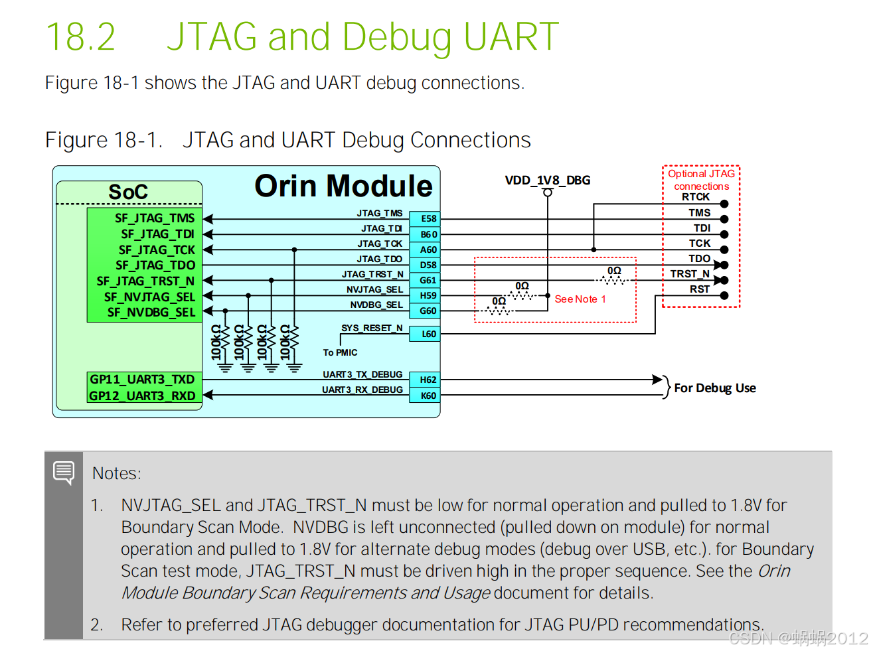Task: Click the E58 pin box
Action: pyautogui.click(x=428, y=218)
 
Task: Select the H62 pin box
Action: pyautogui.click(x=428, y=380)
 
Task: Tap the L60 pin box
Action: pyautogui.click(x=428, y=334)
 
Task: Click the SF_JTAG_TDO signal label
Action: pyautogui.click(x=155, y=265)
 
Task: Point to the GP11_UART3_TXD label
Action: pyautogui.click(x=142, y=379)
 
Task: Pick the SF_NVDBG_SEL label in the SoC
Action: pyautogui.click(x=151, y=312)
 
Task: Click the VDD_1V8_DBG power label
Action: pyautogui.click(x=547, y=181)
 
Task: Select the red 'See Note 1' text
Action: pyautogui.click(x=580, y=299)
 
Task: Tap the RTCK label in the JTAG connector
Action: pyautogui.click(x=695, y=197)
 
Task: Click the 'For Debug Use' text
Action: pyautogui.click(x=715, y=388)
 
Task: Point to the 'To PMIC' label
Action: pyautogui.click(x=340, y=352)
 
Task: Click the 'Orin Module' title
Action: pyautogui.click(x=343, y=186)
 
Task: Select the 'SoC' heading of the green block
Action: pyautogui.click(x=128, y=192)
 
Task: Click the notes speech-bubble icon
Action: pyautogui.click(x=64, y=472)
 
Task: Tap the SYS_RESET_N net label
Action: pyautogui.click(x=372, y=328)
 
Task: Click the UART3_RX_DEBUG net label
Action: pyautogui.click(x=362, y=390)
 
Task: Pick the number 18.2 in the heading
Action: pyautogui.click(x=80, y=36)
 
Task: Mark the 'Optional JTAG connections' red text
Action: pyautogui.click(x=701, y=180)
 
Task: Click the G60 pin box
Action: pyautogui.click(x=428, y=311)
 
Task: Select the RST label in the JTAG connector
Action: pyautogui.click(x=699, y=289)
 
